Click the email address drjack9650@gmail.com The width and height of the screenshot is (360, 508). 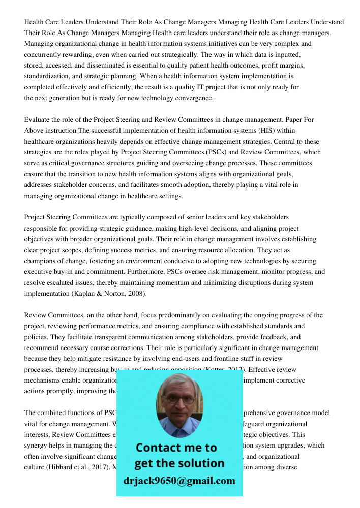179,481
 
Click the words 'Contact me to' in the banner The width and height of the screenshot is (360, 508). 176,448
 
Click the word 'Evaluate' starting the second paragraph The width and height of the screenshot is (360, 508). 39,120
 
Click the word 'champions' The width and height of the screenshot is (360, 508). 42,261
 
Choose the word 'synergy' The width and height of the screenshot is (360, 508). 37,446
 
